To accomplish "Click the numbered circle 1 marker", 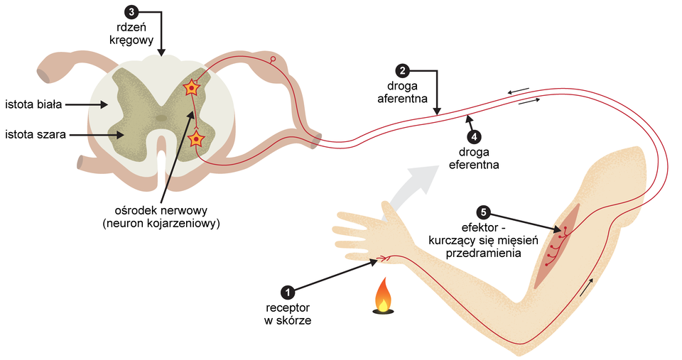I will click(x=287, y=292).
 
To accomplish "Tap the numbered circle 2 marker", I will click(x=403, y=70).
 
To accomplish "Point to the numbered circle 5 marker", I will click(x=483, y=212).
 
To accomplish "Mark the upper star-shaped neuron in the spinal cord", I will click(x=191, y=88).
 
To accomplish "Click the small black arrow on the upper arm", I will click(x=586, y=287).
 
